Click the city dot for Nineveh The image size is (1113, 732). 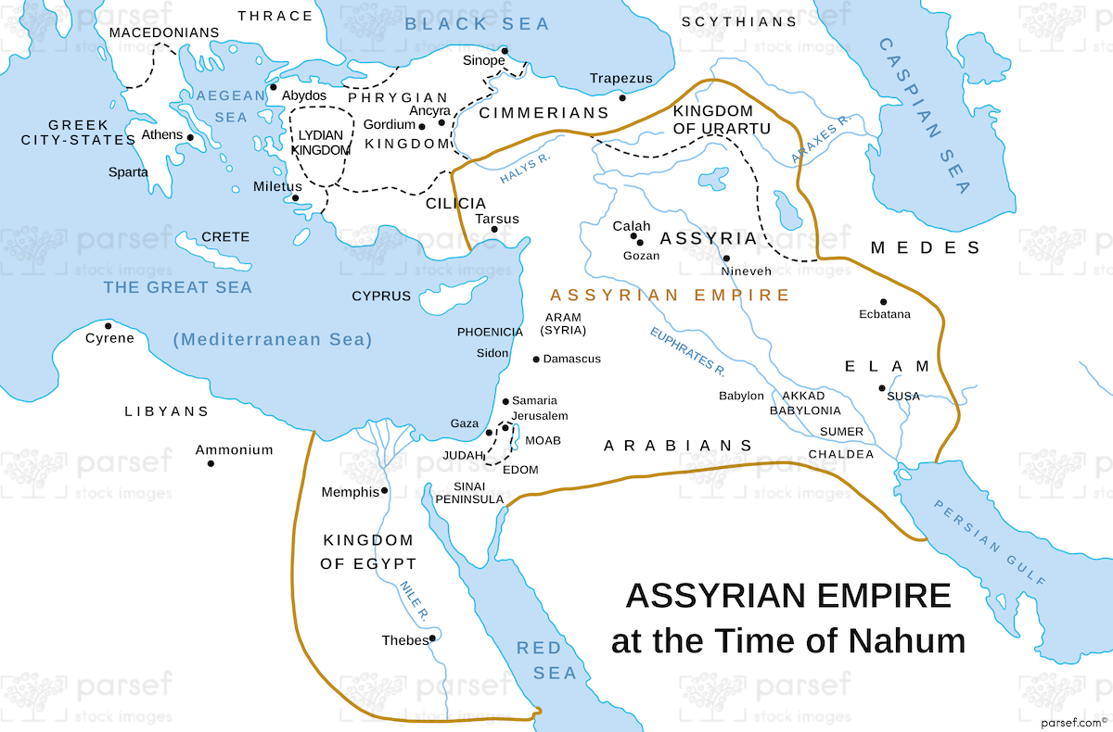(726, 259)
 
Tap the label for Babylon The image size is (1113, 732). (741, 396)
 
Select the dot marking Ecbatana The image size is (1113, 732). (883, 301)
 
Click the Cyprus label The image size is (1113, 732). (380, 297)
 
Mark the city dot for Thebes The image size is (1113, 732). (432, 637)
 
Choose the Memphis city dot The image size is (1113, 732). (384, 491)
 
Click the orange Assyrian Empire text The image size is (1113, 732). (670, 296)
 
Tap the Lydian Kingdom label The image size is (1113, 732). (322, 142)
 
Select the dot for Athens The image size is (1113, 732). (190, 137)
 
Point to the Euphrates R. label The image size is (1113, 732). (687, 352)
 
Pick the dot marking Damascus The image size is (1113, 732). (536, 360)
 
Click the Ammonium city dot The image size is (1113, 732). (211, 462)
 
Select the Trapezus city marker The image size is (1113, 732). (622, 97)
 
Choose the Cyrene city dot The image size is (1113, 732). (109, 325)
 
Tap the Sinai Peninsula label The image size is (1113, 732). (480, 492)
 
